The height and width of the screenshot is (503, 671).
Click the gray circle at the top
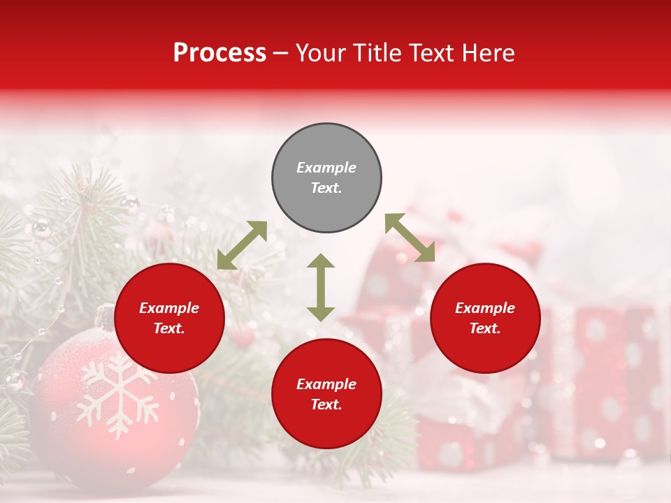pos(326,178)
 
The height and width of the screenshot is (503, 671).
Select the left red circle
pos(169,319)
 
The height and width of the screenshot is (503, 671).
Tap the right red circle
pos(485,319)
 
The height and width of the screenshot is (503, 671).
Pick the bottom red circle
pos(326,394)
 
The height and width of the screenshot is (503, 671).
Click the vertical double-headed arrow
pos(321,287)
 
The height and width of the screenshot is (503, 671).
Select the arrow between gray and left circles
pos(242,245)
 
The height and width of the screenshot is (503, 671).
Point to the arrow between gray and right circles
pos(410,238)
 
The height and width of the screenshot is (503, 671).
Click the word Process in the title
pos(219,52)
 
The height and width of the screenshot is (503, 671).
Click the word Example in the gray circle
pos(326,168)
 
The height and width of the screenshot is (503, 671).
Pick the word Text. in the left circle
pos(169,328)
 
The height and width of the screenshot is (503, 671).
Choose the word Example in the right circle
pos(485,308)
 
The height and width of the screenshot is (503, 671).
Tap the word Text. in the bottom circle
pos(326,404)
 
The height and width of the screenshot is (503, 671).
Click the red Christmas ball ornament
pos(115,412)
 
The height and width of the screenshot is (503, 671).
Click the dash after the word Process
pos(281,53)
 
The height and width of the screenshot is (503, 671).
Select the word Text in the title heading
pos(429,52)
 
